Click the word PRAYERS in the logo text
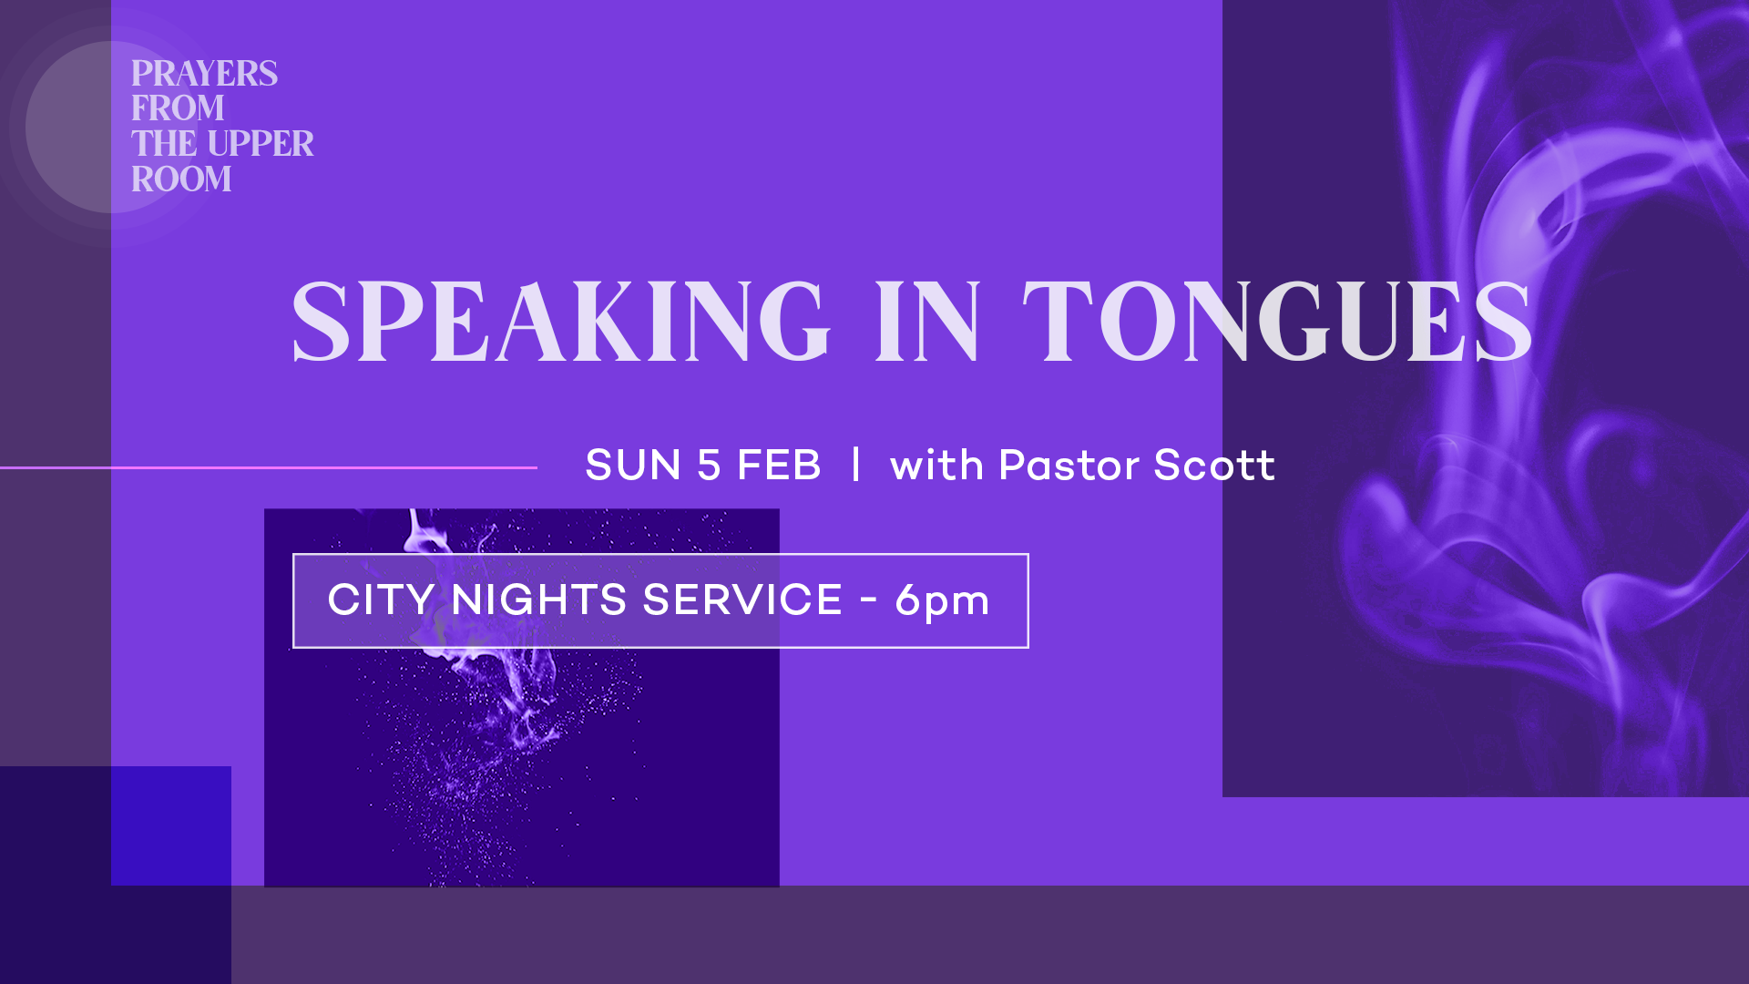(x=204, y=74)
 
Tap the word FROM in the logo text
(x=178, y=108)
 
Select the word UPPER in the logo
(x=261, y=144)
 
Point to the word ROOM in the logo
(x=181, y=179)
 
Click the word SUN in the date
(x=633, y=466)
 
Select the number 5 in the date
(x=709, y=466)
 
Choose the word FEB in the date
(x=779, y=466)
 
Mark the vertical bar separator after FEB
(x=855, y=465)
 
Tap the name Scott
(x=1214, y=466)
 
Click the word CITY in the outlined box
(x=381, y=600)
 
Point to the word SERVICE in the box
(x=742, y=600)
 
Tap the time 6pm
(x=942, y=601)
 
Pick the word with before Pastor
(x=936, y=466)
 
